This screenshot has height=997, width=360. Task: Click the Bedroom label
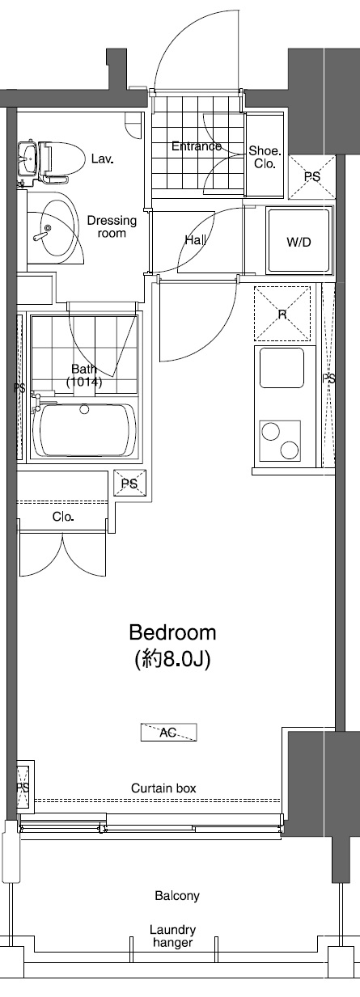click(172, 632)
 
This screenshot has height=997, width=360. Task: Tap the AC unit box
click(168, 732)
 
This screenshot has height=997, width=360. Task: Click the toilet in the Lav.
click(62, 160)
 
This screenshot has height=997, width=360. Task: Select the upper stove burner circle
click(271, 431)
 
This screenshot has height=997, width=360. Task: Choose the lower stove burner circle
click(290, 450)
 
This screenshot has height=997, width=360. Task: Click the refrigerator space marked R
click(282, 315)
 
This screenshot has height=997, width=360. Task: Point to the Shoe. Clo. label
click(265, 157)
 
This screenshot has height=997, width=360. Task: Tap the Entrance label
click(197, 146)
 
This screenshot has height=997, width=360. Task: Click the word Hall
click(195, 240)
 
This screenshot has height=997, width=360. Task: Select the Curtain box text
click(163, 788)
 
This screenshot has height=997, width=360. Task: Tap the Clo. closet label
click(63, 517)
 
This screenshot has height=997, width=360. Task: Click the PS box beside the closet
click(129, 483)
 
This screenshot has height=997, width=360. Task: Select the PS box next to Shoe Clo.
click(312, 177)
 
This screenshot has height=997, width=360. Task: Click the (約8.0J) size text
click(172, 660)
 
